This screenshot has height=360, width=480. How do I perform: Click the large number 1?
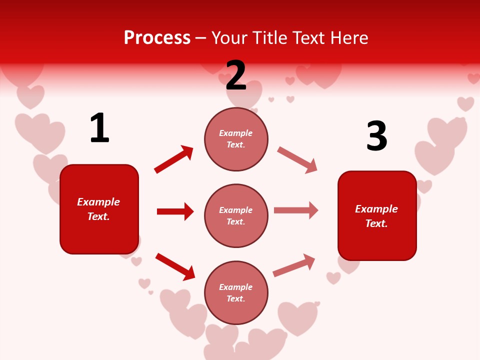99,128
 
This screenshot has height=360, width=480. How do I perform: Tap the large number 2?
236,75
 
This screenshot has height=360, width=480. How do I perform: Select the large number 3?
376,136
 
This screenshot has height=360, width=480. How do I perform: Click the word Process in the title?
157,37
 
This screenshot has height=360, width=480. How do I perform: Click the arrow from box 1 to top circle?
173,159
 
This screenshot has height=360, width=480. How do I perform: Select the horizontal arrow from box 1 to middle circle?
175,211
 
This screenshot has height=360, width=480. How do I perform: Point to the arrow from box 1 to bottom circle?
175,266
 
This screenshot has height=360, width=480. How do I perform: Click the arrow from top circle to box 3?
297,160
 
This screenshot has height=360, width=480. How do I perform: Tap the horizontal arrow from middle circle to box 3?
296,210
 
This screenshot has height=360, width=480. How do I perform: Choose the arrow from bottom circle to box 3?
294,265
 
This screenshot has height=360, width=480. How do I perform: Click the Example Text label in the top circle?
236,139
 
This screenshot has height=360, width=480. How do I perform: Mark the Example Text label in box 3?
376,216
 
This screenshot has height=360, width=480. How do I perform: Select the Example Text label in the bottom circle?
236,293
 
